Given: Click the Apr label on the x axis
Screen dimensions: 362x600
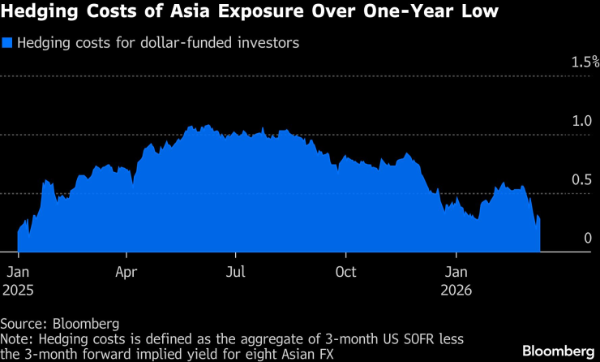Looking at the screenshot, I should [127, 272].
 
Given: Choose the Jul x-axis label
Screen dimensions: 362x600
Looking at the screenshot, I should [236, 272].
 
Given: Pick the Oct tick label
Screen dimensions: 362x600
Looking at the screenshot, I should [346, 272].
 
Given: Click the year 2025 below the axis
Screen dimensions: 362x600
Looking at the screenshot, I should [19, 289].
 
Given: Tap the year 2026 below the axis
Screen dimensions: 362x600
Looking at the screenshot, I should [457, 289].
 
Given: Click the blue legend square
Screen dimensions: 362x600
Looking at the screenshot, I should [7, 43].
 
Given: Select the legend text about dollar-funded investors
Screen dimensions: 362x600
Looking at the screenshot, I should [158, 43].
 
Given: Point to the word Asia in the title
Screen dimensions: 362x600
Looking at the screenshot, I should [193, 14].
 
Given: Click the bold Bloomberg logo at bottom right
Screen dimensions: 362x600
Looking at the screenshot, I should [556, 351].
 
